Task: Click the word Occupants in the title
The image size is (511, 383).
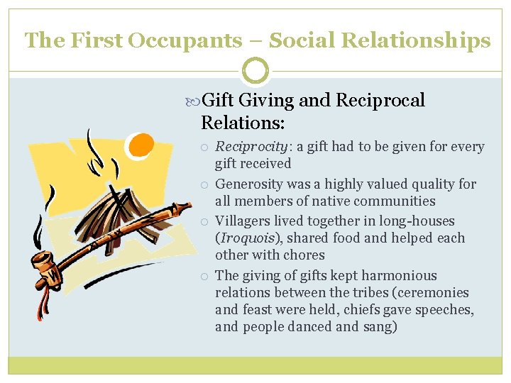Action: (x=184, y=40)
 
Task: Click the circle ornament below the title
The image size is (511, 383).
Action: (x=255, y=71)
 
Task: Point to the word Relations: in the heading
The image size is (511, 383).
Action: (x=243, y=123)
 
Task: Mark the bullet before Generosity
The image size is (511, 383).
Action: (x=204, y=184)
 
